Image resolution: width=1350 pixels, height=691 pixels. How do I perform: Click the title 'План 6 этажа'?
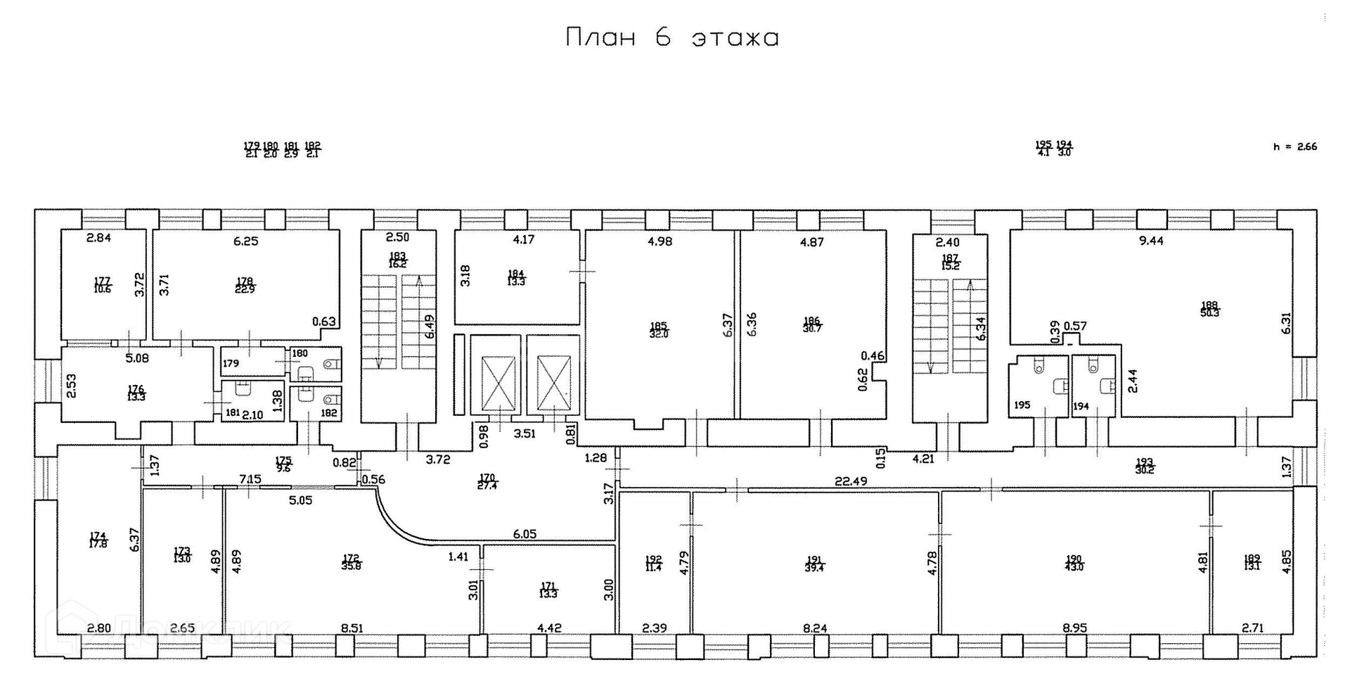pos(672,37)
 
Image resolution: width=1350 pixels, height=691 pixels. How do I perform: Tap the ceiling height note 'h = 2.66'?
pos(1294,147)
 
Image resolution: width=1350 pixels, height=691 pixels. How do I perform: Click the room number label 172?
pos(352,562)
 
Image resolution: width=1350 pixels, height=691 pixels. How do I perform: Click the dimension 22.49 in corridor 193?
pos(850,481)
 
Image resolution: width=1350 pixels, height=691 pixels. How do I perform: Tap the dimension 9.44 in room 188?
pos(1151,241)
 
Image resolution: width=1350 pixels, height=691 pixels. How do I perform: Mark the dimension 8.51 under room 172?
pos(352,628)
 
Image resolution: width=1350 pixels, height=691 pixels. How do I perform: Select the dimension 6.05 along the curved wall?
pos(525,533)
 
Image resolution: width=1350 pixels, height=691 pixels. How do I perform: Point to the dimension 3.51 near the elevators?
pos(525,433)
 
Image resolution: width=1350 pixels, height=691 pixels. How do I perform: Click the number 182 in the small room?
pos(328,413)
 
